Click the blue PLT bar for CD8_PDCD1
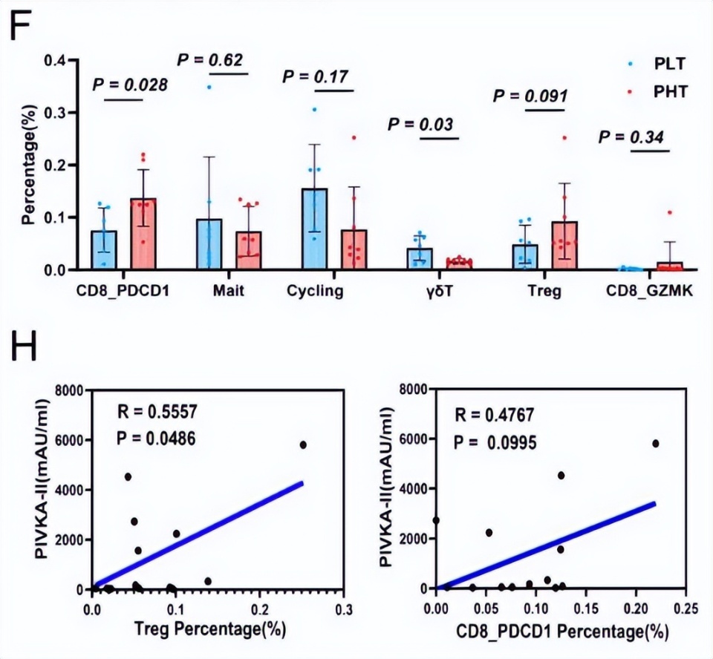pos(104,250)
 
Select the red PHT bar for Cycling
pos(355,250)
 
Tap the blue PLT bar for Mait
pos(209,245)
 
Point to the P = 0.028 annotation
pos(130,85)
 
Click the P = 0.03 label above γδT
pos(420,124)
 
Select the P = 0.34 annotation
pos(631,137)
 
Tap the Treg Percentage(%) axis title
pos(205,630)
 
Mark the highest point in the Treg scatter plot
pos(303,445)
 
